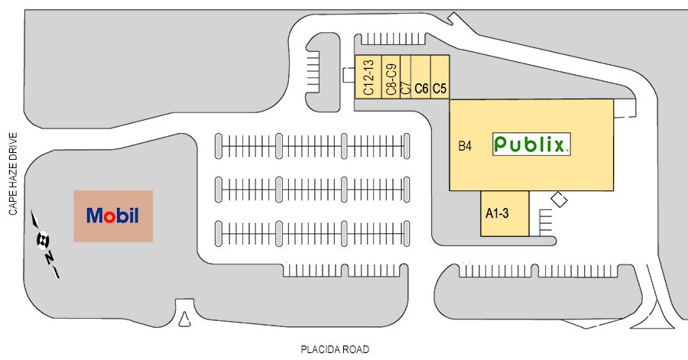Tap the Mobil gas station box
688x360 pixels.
coord(113,216)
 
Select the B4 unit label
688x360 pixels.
coord(465,145)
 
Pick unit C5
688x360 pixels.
coord(440,77)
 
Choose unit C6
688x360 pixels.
coord(421,77)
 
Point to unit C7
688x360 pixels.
coord(406,77)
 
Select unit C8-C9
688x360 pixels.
coord(391,77)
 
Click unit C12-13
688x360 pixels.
coord(368,77)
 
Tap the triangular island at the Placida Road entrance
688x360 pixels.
coord(183,319)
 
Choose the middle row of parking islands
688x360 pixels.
coord(313,186)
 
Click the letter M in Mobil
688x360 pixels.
coord(95,216)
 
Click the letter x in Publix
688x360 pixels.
coord(559,144)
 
